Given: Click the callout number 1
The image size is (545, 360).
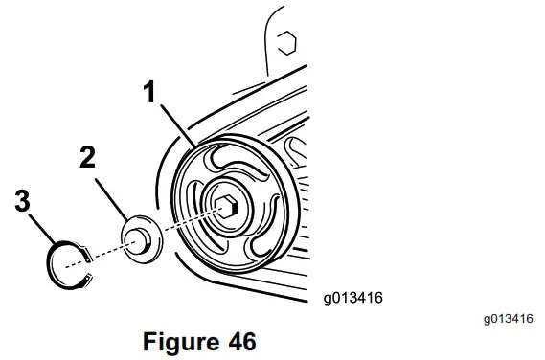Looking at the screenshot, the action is coord(148,94).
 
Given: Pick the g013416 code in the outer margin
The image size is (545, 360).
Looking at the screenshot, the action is coord(507,316).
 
